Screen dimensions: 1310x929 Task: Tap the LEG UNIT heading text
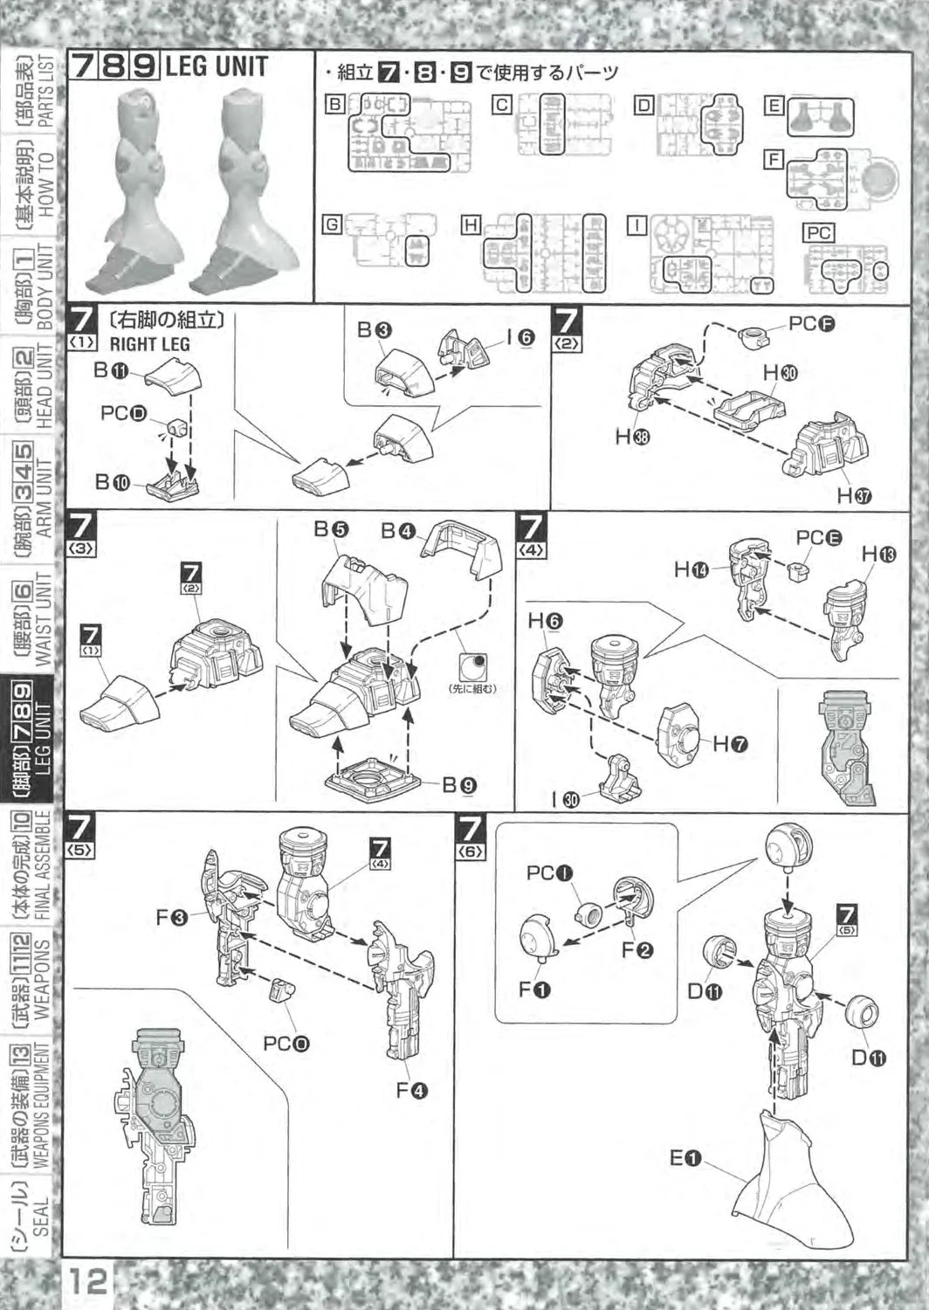click(216, 67)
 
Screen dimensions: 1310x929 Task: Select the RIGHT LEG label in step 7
click(149, 344)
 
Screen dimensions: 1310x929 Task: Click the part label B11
click(111, 370)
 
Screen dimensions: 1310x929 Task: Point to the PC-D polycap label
click(124, 413)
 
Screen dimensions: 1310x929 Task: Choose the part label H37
click(853, 496)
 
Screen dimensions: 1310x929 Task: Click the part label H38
click(632, 437)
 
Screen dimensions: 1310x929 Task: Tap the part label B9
click(458, 785)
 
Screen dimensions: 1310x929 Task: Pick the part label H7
click(730, 744)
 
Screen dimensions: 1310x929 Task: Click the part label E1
click(685, 1158)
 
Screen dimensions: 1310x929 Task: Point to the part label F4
click(411, 1090)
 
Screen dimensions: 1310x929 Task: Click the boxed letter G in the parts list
click(331, 224)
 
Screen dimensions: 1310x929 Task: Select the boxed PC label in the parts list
click(818, 233)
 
